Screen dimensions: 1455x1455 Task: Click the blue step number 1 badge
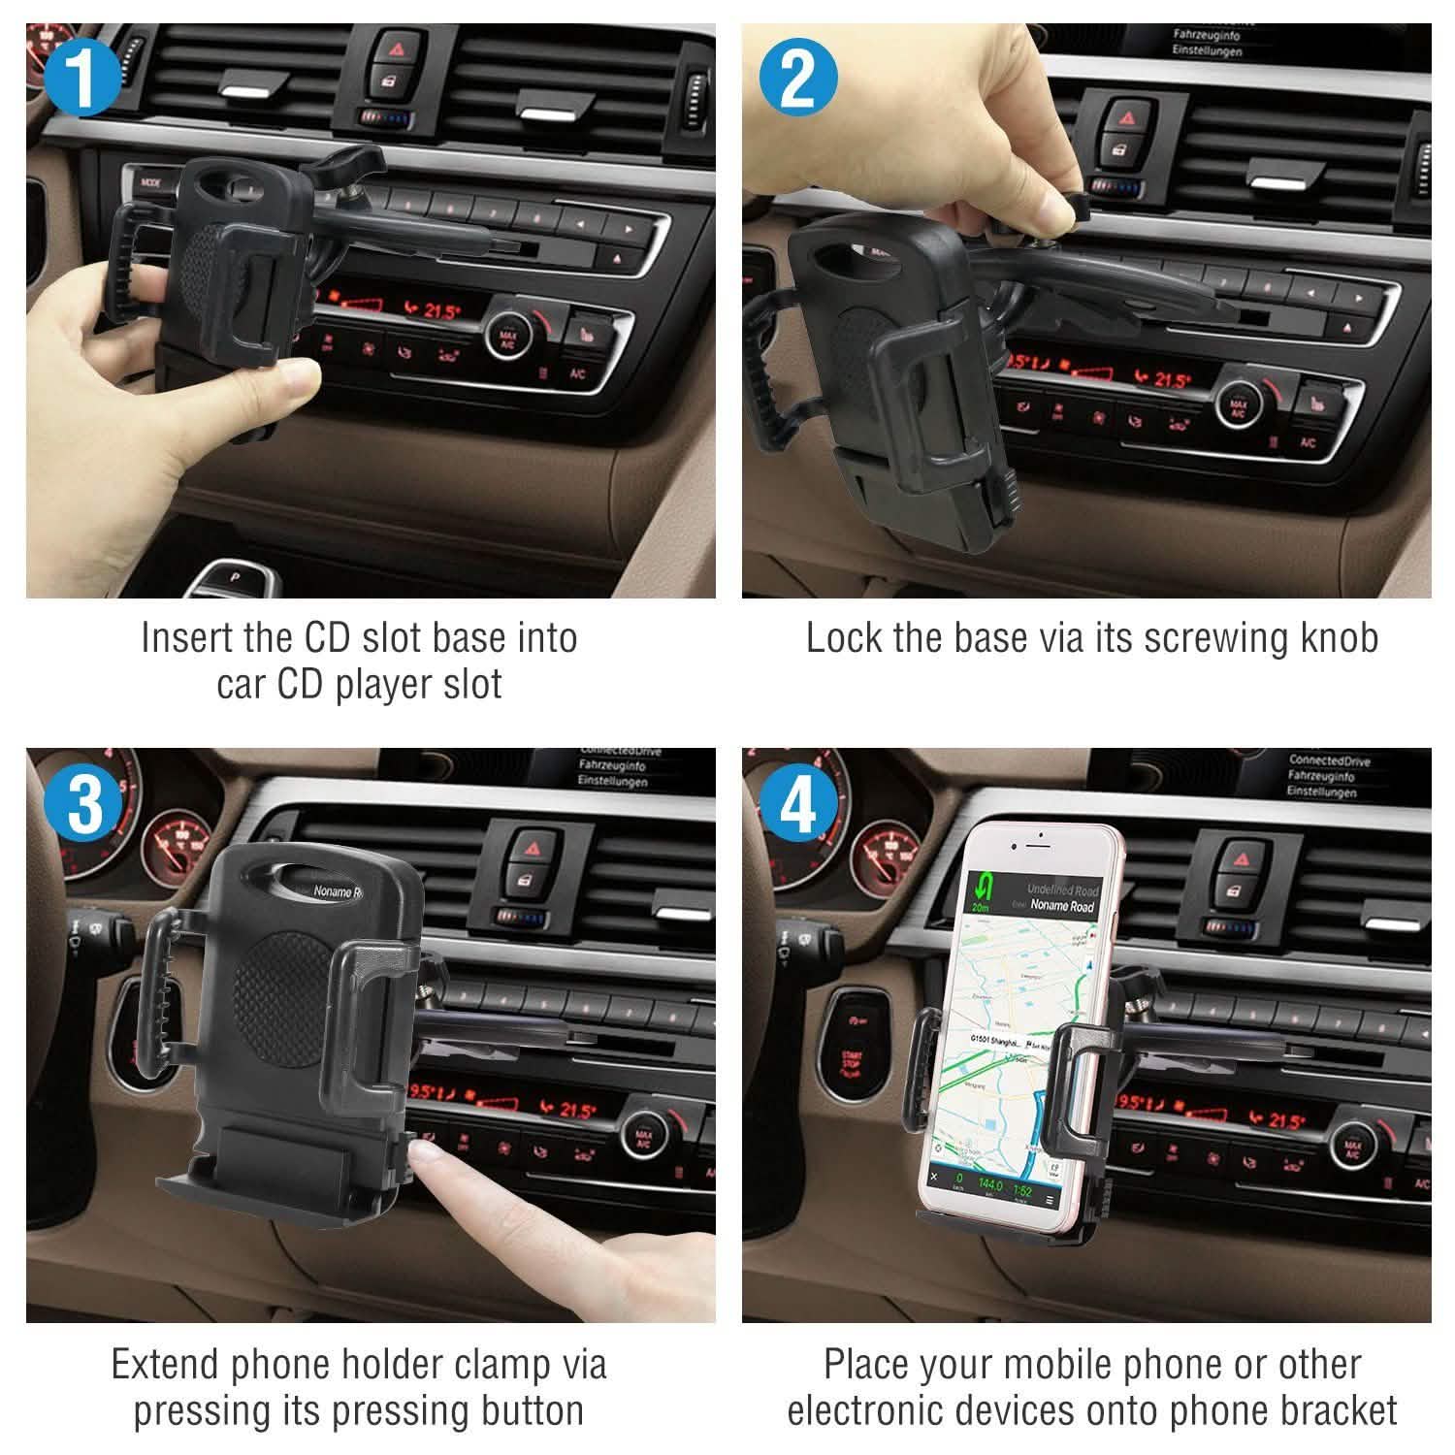[82, 79]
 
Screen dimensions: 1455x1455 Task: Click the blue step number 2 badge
[797, 79]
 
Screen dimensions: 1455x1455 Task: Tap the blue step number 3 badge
[82, 803]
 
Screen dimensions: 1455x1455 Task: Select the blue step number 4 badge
[797, 803]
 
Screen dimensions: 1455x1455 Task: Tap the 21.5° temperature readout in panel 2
[1171, 379]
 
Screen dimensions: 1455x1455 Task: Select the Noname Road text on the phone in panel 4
[1061, 905]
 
